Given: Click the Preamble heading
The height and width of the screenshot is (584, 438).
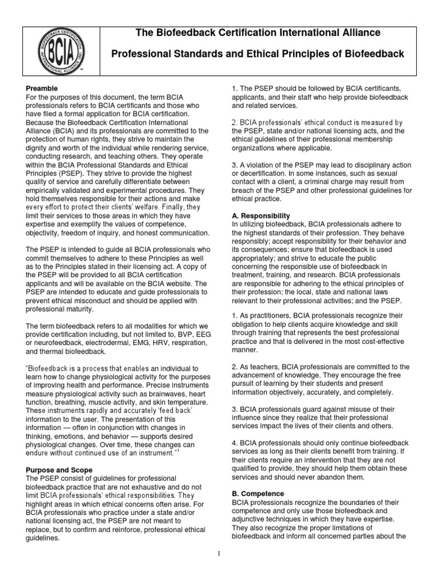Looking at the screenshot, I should pyautogui.click(x=42, y=89).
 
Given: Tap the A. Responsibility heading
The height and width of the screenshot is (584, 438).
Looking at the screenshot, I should pyautogui.click(x=261, y=216).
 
